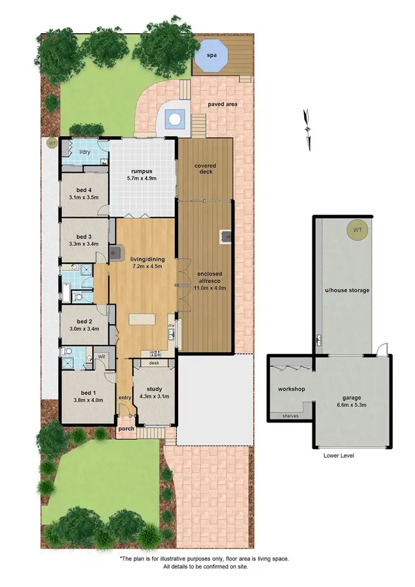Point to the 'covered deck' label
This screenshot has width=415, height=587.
coord(205,168)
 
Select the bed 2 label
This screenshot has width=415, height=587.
coord(84,321)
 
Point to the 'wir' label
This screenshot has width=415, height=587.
coord(102,356)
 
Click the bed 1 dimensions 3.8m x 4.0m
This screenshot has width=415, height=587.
coord(88,400)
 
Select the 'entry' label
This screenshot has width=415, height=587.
coord(125,398)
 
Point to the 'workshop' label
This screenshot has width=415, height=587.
coord(292,389)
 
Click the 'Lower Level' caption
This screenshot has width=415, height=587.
coord(339,455)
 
